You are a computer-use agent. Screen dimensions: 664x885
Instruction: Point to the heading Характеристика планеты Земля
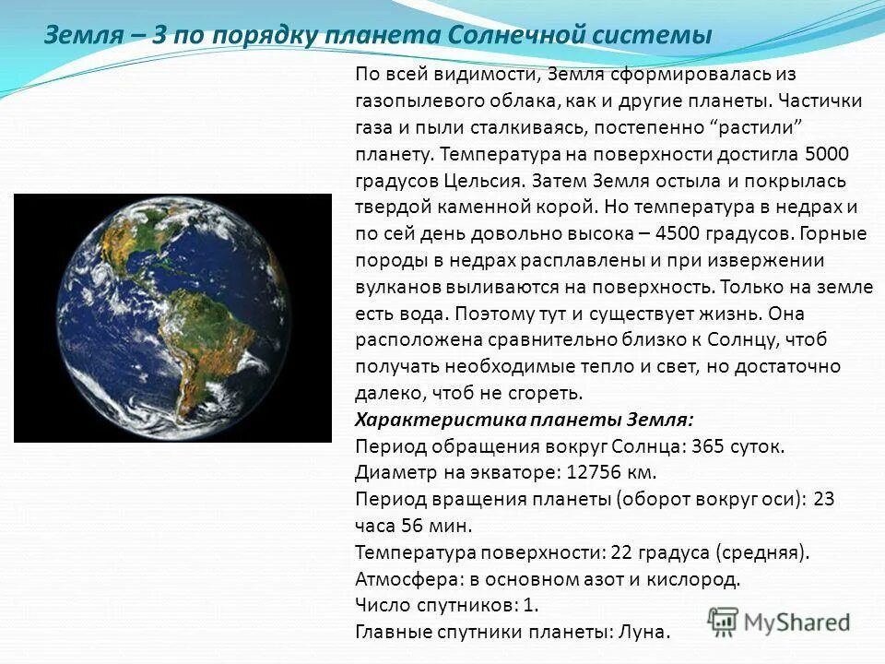[524, 420]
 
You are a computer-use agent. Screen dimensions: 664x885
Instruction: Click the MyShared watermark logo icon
[724, 622]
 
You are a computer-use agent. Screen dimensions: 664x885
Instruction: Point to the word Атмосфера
[398, 580]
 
